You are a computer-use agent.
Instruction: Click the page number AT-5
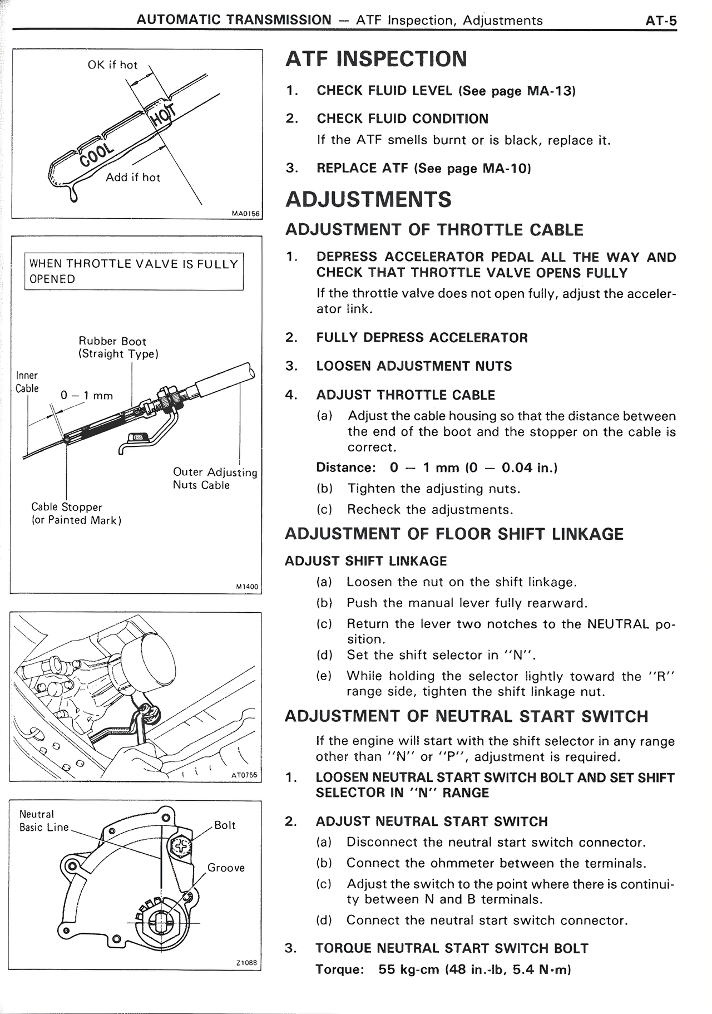point(660,21)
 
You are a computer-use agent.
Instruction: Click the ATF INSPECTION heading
point(376,59)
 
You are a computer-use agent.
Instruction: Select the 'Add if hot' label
point(133,178)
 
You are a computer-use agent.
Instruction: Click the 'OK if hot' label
point(112,65)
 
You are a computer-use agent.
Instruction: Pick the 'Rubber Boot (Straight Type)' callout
point(118,347)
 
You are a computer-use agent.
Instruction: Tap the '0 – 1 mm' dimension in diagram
point(87,396)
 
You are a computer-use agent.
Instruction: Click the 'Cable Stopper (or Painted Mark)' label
point(76,514)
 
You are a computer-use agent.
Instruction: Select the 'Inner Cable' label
point(27,382)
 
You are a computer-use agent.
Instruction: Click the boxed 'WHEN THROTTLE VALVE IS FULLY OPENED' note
point(133,271)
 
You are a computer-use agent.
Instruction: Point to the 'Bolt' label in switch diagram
point(225,825)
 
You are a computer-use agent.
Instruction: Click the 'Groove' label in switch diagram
point(226,868)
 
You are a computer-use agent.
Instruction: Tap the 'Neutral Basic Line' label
point(43,821)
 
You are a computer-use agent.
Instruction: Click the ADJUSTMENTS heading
point(368,199)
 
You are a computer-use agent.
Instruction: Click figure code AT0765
point(245,774)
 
